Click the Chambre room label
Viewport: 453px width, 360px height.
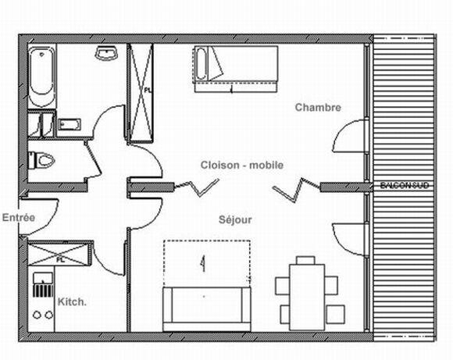(318, 108)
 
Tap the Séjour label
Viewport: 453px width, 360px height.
(235, 220)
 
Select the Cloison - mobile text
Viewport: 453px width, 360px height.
(242, 166)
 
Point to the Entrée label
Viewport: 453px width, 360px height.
(19, 218)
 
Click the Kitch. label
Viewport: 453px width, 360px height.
(72, 302)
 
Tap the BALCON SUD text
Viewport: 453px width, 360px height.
(404, 185)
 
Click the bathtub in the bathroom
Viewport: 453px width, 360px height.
(42, 77)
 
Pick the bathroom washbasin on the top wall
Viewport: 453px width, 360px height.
(106, 53)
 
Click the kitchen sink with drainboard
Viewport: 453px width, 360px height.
(43, 285)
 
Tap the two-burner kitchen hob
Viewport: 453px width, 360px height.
(43, 315)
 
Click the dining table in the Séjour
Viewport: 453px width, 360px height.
(307, 297)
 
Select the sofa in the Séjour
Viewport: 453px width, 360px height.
(206, 309)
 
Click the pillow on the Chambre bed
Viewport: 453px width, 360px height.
(201, 63)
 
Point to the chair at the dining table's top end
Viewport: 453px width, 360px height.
(305, 260)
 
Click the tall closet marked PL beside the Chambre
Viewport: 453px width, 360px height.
(140, 92)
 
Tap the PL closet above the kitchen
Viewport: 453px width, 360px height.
(59, 254)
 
